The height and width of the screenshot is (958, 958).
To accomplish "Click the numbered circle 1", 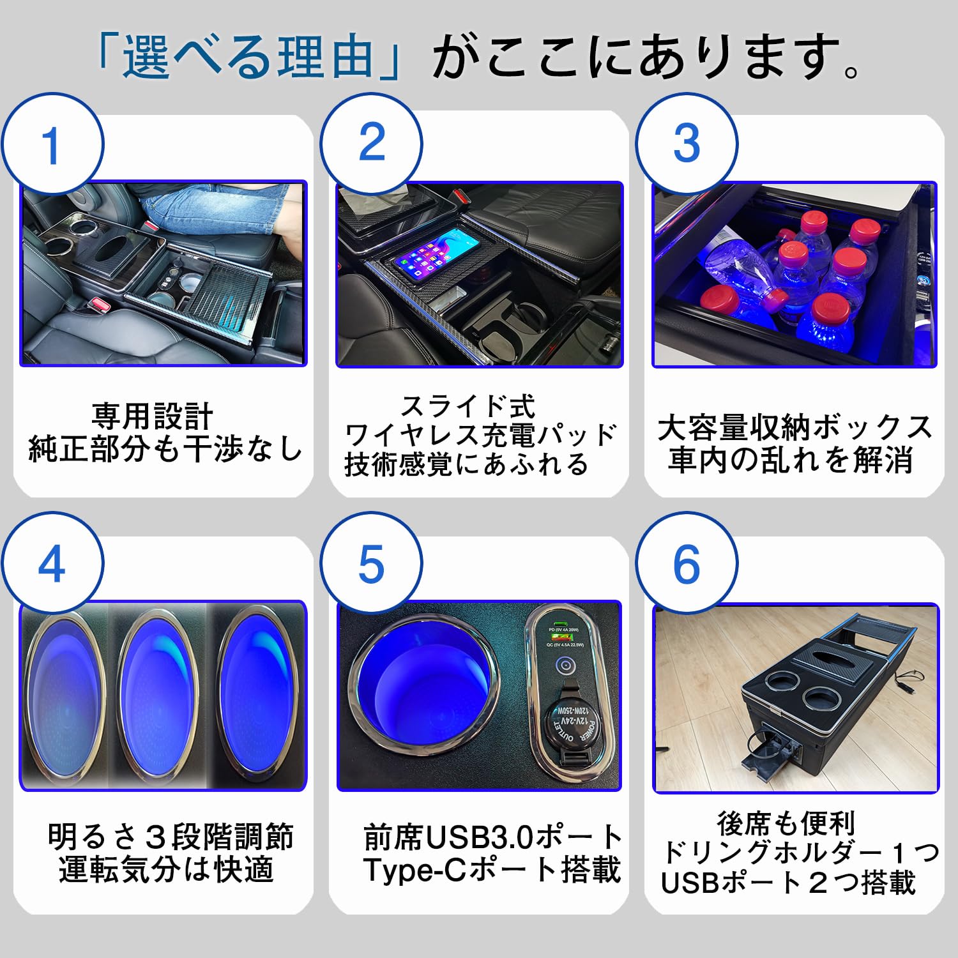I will (51, 144).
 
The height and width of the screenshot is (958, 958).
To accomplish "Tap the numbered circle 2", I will (371, 143).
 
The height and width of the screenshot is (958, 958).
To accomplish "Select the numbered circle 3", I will (687, 143).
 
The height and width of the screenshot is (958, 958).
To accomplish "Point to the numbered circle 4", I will (51, 564).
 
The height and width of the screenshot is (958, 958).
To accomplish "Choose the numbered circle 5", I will (371, 564).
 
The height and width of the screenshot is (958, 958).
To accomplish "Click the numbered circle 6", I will (687, 564).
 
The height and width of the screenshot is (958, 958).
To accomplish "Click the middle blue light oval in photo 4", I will (156, 696).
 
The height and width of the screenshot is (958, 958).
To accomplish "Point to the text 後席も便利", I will (786, 823).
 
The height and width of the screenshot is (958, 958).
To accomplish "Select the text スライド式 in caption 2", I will (468, 406).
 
